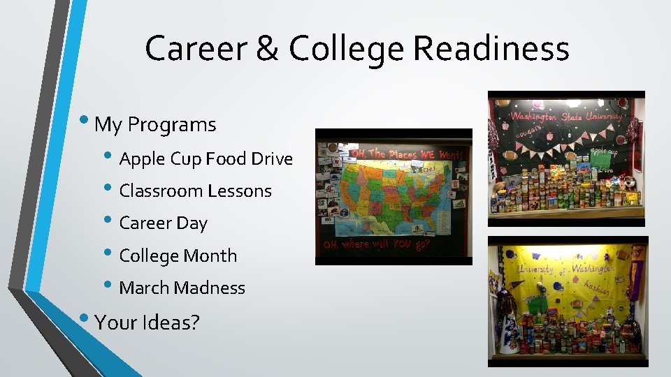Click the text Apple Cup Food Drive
[205, 159]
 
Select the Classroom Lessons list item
[195, 191]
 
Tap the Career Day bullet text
[163, 223]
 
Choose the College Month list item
[178, 256]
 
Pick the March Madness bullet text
[182, 288]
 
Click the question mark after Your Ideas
[195, 322]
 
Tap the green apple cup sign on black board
[602, 157]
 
